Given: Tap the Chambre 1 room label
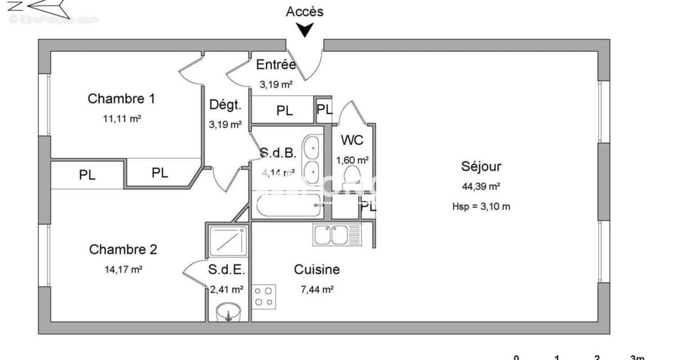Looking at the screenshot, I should pos(121,99).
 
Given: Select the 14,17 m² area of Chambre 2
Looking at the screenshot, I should pos(123,269).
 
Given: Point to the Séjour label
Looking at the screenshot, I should pos(481,166).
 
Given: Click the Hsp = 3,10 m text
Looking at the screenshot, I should pos(481,206).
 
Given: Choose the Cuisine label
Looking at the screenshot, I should pos(317,269).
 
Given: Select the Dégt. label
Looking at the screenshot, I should pos(225,105).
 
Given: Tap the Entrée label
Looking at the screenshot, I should pos(276,65).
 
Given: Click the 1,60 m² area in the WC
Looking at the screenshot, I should pos(352,160).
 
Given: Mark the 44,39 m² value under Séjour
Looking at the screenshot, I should pos(481,186).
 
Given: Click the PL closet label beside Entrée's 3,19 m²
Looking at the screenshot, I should pos(285,111).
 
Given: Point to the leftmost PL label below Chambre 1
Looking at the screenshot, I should pos(87,175).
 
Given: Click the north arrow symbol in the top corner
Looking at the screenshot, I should pos(45,8).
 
